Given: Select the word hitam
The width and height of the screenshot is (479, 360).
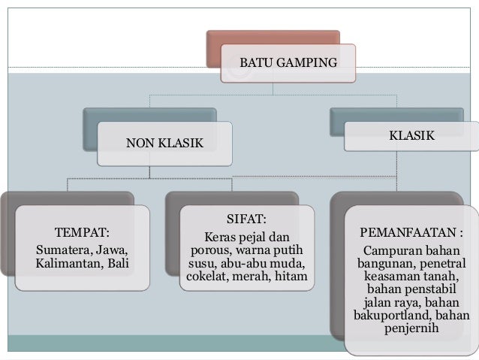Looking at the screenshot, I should pos(292,278).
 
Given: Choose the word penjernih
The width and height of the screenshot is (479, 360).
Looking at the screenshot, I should pos(412,330).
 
